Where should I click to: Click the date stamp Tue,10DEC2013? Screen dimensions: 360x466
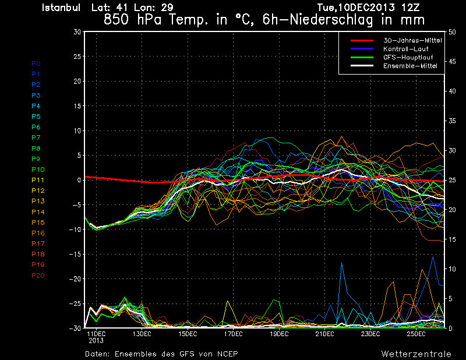[x=355, y=8]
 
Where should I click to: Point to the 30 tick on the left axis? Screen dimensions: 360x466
[x=77, y=32]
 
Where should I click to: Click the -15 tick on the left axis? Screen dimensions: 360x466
[x=75, y=255]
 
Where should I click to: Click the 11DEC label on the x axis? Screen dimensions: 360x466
[x=96, y=334]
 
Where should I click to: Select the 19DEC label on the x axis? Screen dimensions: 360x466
[x=279, y=334]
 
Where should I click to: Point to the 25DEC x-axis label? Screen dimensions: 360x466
[x=416, y=334]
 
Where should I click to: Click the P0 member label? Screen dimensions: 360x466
[x=36, y=63]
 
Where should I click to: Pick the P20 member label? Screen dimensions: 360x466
[x=38, y=276]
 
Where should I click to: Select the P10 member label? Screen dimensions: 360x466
[x=38, y=170]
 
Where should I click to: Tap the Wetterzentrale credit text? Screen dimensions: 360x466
[x=416, y=354]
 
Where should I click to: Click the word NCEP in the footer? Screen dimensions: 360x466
[x=227, y=354]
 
